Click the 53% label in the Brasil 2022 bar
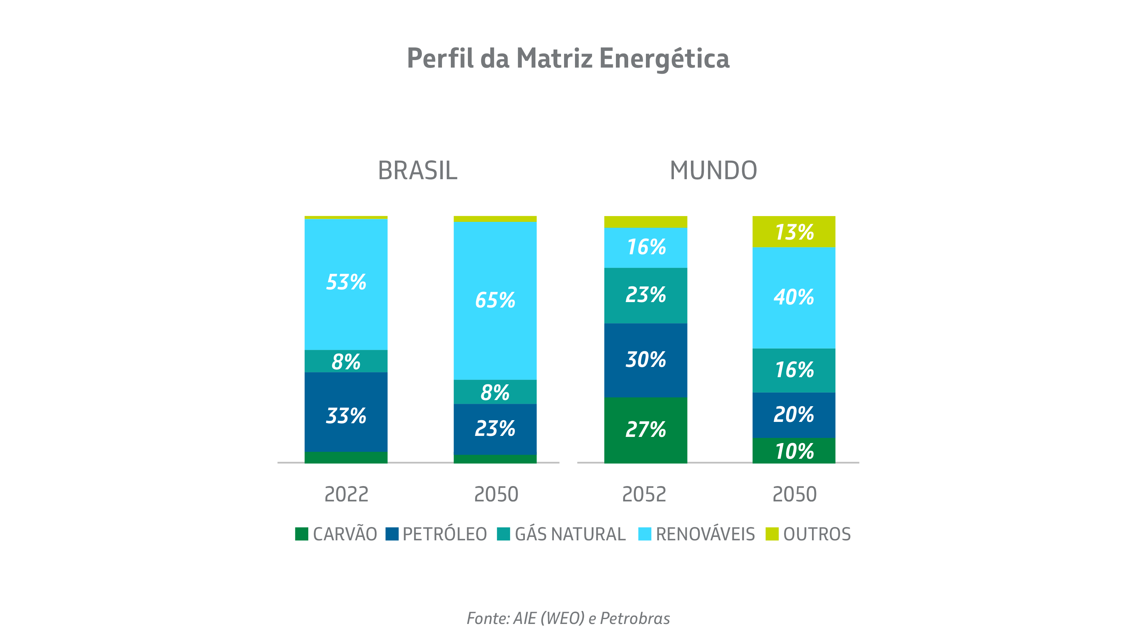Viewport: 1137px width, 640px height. click(x=346, y=282)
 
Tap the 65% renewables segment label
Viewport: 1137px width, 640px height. click(x=495, y=300)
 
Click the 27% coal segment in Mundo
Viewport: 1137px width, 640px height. click(x=645, y=429)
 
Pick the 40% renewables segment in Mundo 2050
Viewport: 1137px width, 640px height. click(x=794, y=297)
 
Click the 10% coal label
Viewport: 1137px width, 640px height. click(x=794, y=451)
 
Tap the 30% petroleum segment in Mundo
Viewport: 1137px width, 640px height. click(x=645, y=359)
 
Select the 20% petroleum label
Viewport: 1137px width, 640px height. click(x=794, y=414)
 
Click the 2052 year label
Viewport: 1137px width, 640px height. click(x=644, y=494)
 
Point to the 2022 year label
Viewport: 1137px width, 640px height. click(x=346, y=494)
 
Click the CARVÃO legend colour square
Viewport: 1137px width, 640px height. click(x=301, y=534)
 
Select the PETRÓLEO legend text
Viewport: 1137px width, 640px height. click(x=444, y=534)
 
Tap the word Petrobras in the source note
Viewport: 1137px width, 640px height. click(x=635, y=618)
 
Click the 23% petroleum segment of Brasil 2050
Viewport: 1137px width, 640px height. click(x=495, y=428)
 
